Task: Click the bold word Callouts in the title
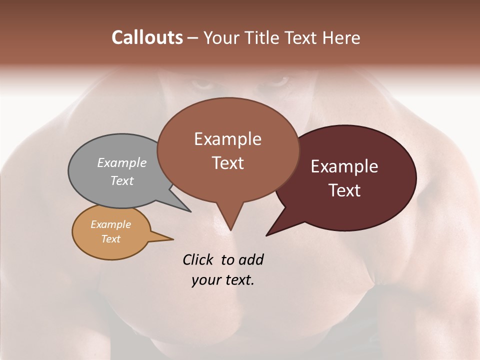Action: (147, 37)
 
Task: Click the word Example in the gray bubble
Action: (122, 162)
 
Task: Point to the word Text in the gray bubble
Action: (122, 180)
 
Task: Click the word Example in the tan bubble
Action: (111, 224)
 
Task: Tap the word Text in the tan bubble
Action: (111, 239)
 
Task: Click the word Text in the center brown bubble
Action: (227, 162)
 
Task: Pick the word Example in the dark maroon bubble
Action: (344, 166)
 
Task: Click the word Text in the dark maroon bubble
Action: (344, 190)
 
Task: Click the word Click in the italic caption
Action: (198, 259)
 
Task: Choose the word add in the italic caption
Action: (251, 259)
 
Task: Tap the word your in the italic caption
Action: (204, 280)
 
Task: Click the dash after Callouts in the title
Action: (193, 38)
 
